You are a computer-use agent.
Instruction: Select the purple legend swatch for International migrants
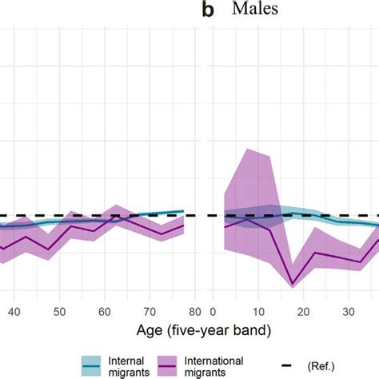[x=170, y=367]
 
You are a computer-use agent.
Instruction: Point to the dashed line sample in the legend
[x=289, y=367]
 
